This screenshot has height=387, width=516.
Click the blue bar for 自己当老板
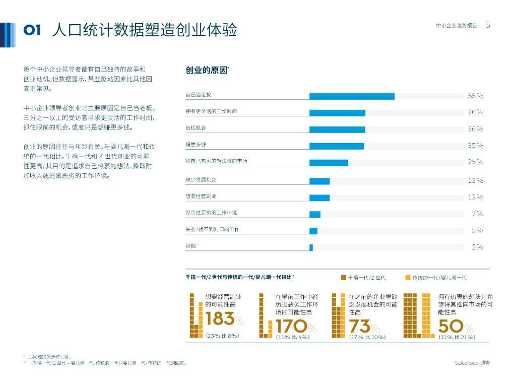(x=352, y=96)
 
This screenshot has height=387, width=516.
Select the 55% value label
(x=475, y=96)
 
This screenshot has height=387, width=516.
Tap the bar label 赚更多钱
(x=196, y=145)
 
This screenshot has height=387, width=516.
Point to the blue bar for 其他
(x=311, y=247)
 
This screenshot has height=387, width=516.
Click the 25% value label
(x=475, y=162)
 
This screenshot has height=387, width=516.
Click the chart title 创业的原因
(x=207, y=71)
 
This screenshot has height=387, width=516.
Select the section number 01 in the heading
(x=32, y=30)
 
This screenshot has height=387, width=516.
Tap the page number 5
(x=488, y=25)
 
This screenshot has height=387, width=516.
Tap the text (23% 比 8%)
(x=222, y=336)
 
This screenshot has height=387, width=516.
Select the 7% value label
(x=477, y=214)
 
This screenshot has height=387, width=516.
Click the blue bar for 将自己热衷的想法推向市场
(x=329, y=163)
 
